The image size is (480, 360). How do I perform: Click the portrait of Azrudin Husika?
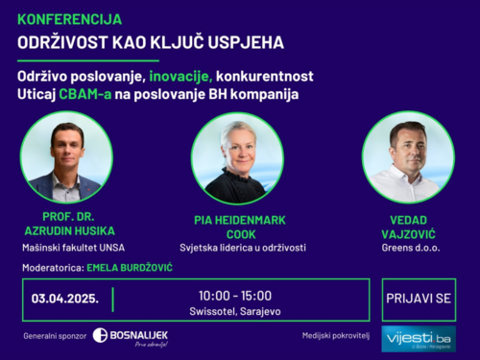point(66,156)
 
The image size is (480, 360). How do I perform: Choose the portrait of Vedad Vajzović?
point(408,156)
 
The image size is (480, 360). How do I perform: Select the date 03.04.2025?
point(65,299)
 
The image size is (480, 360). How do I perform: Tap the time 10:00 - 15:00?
point(235,295)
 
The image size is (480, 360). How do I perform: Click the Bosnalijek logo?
point(131,336)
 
